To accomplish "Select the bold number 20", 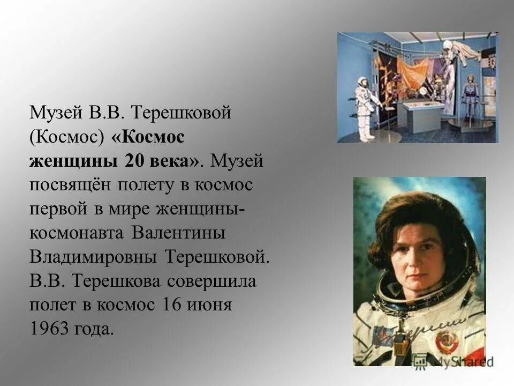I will (134, 161).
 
